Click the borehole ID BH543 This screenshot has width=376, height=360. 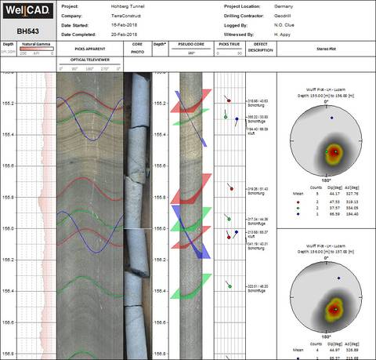[x=28, y=31]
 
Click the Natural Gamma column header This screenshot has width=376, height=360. [x=37, y=45]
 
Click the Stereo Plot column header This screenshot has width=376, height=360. [x=326, y=45]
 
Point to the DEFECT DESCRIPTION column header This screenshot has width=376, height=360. [x=261, y=49]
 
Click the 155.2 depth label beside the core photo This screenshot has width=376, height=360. [x=160, y=104]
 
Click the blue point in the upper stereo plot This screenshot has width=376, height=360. [x=331, y=118]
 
